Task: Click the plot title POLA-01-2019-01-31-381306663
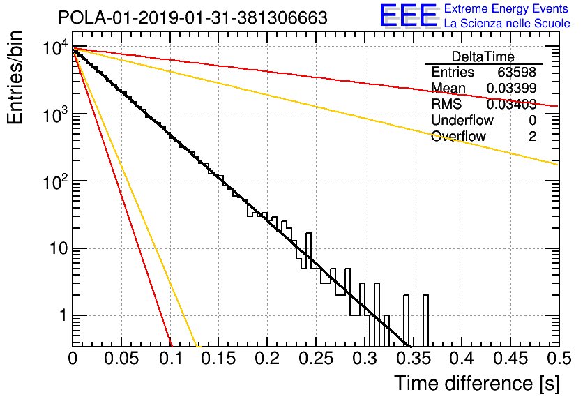pos(193,17)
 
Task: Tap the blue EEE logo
pos(409,15)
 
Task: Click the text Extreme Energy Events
pos(506,8)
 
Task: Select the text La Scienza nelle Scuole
pos(507,23)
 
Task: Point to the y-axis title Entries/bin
pos(15,77)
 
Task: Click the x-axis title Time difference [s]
pos(477,383)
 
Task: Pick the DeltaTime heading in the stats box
pos(483,57)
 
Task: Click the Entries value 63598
pos(517,72)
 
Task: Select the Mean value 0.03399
pos(511,88)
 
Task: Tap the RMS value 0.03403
pos(511,104)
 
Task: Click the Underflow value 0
pos(532,120)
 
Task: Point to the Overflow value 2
pos(532,136)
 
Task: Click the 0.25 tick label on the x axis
pos(316,359)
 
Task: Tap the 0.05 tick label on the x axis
pos(121,359)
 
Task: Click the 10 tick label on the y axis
pos(59,248)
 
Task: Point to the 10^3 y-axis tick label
pos(56,114)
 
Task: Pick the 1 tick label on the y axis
pos(63,315)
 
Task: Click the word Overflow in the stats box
pos(458,136)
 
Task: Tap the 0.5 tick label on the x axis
pos(557,359)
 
